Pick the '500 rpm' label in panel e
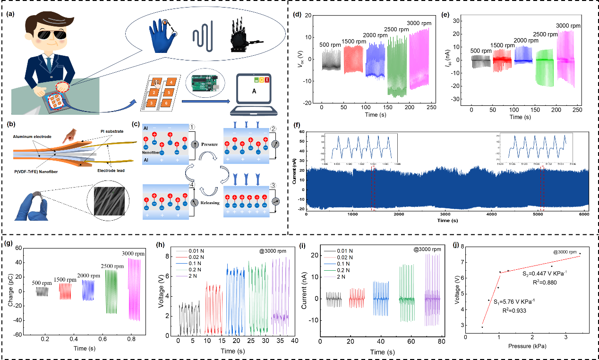(482, 51)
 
